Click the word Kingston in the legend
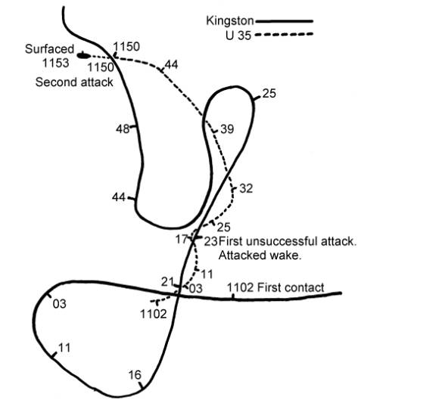click(x=229, y=21)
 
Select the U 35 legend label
click(x=238, y=36)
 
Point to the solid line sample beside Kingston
click(x=284, y=21)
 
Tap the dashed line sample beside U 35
click(x=284, y=34)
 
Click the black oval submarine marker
click(x=83, y=55)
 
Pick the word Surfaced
click(x=49, y=49)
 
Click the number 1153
click(x=56, y=63)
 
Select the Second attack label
click(x=74, y=82)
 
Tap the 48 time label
click(x=123, y=129)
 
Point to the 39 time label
click(x=227, y=129)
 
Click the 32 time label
click(x=246, y=188)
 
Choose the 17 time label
click(x=182, y=239)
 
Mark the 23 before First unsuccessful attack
click(x=211, y=241)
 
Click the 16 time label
click(x=135, y=375)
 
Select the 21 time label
click(x=167, y=282)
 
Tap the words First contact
click(x=291, y=288)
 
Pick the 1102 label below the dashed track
click(x=154, y=314)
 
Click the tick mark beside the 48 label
click(x=134, y=127)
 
